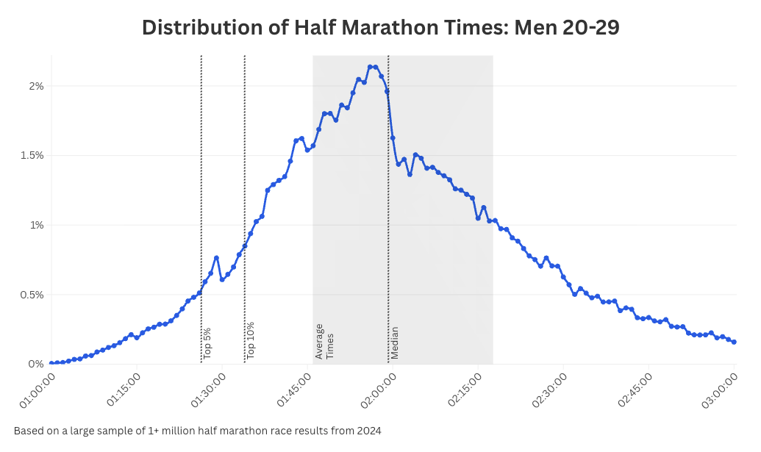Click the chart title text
[380, 27]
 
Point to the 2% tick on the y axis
[36, 86]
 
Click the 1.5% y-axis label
[32, 156]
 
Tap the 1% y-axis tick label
[36, 225]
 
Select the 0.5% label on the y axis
[32, 295]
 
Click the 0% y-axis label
[36, 364]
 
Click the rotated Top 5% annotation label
[207, 342]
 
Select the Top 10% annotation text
[251, 340]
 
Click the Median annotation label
[395, 342]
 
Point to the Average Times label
[324, 341]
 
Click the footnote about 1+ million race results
[197, 431]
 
